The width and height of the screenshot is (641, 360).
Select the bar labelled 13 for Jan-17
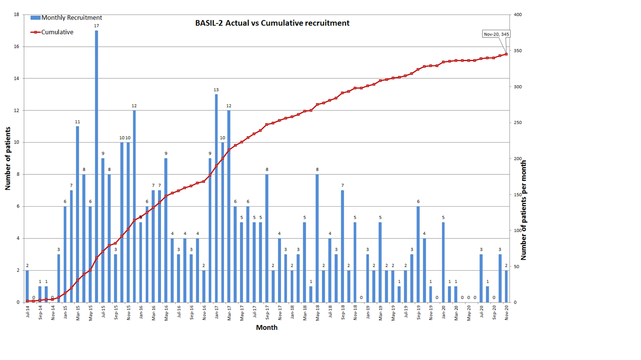pyautogui.click(x=216, y=198)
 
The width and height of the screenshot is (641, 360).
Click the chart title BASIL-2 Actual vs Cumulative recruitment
pyautogui.click(x=272, y=23)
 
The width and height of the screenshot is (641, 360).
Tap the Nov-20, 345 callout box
pyautogui.click(x=496, y=34)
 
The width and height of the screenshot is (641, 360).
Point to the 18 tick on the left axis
pyautogui.click(x=16, y=14)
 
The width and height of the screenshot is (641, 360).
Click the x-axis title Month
pyautogui.click(x=267, y=327)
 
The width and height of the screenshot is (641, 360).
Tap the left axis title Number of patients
pyautogui.click(x=8, y=158)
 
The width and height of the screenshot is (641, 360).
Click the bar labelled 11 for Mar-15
pyautogui.click(x=77, y=214)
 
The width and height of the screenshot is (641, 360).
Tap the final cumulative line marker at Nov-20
pyautogui.click(x=506, y=54)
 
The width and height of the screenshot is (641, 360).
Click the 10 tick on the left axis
pyautogui.click(x=16, y=143)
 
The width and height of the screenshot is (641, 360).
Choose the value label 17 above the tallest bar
pyautogui.click(x=96, y=26)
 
